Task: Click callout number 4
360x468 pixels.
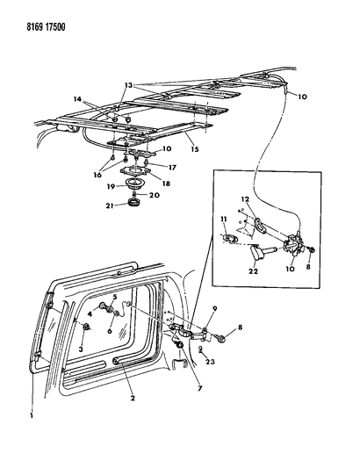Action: pyautogui.click(x=102, y=306)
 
